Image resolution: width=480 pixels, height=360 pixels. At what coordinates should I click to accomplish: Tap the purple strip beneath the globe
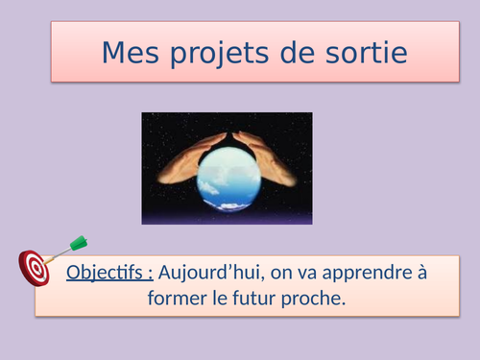click(227, 219)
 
